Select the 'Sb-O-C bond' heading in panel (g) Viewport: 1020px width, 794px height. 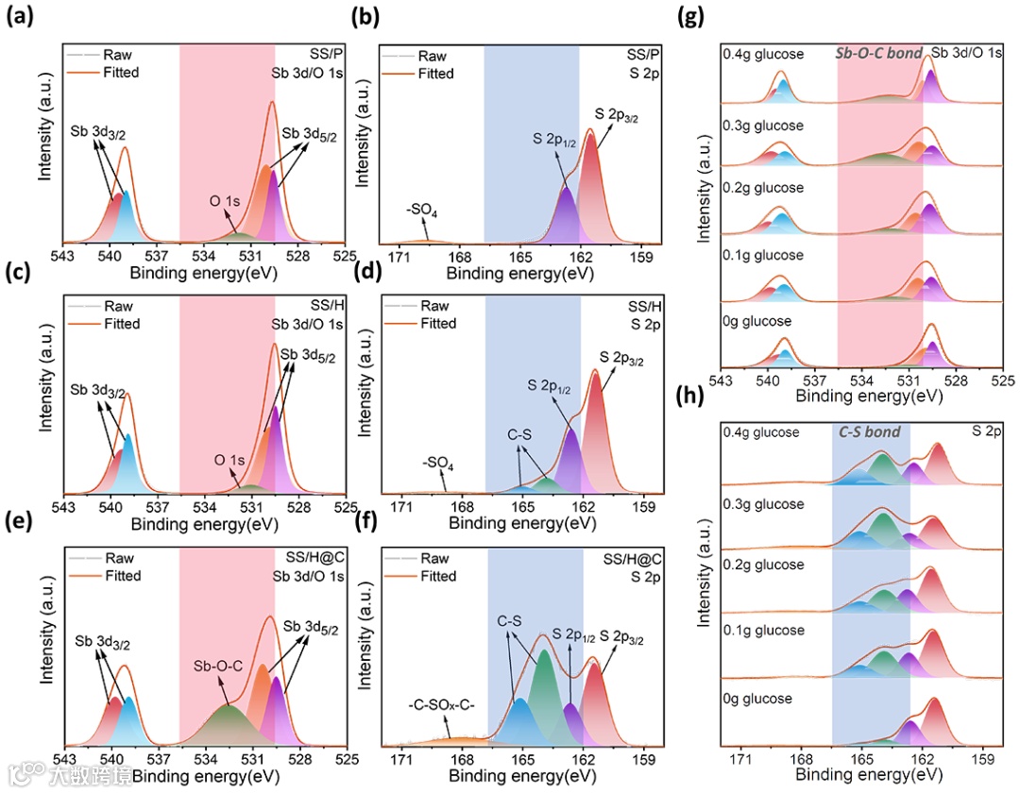(878, 54)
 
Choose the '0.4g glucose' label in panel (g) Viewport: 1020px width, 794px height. (762, 54)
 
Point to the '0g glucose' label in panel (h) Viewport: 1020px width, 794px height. (756, 699)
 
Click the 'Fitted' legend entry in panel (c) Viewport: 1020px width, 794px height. (122, 324)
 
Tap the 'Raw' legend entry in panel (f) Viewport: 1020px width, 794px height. (434, 558)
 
